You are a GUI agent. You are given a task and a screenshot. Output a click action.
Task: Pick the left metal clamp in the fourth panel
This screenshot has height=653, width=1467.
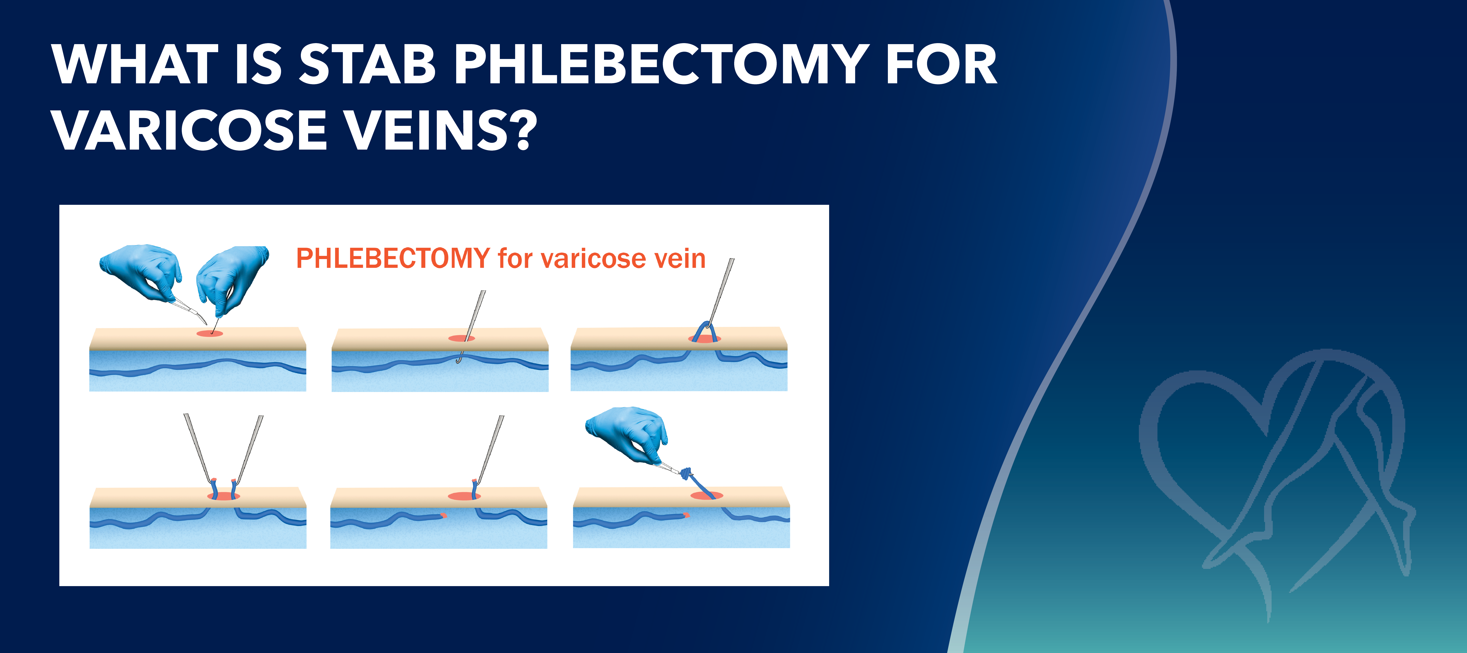click(x=198, y=447)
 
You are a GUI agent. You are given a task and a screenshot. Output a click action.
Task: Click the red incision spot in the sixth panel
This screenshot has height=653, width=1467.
click(x=706, y=495)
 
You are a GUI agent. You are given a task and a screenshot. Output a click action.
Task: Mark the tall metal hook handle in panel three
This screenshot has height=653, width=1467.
click(x=722, y=291)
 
